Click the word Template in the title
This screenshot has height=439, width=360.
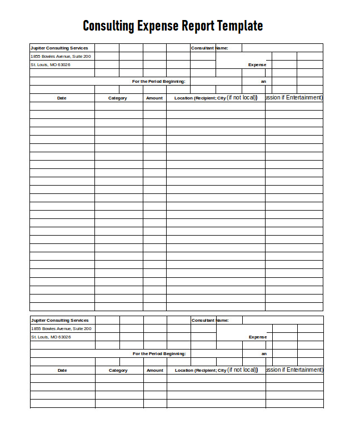point(240,26)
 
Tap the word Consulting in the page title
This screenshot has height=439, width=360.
point(108,26)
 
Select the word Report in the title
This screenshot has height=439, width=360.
point(198,26)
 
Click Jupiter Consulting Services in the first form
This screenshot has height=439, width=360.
point(59,48)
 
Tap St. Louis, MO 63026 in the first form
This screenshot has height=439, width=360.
point(51,64)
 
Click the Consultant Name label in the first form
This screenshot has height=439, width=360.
point(209,48)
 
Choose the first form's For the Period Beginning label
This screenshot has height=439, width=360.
point(158,81)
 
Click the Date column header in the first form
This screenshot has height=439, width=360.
point(62,98)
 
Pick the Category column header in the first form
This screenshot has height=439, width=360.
point(118,98)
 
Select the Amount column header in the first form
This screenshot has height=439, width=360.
point(154,98)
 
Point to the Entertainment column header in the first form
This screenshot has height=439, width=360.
point(294,97)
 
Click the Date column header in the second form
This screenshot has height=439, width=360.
point(62,370)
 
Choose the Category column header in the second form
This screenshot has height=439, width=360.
point(118,370)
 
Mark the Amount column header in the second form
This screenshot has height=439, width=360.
point(155,370)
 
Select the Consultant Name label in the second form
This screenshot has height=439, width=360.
point(210,320)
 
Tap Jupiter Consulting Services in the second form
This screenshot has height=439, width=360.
point(60,320)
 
